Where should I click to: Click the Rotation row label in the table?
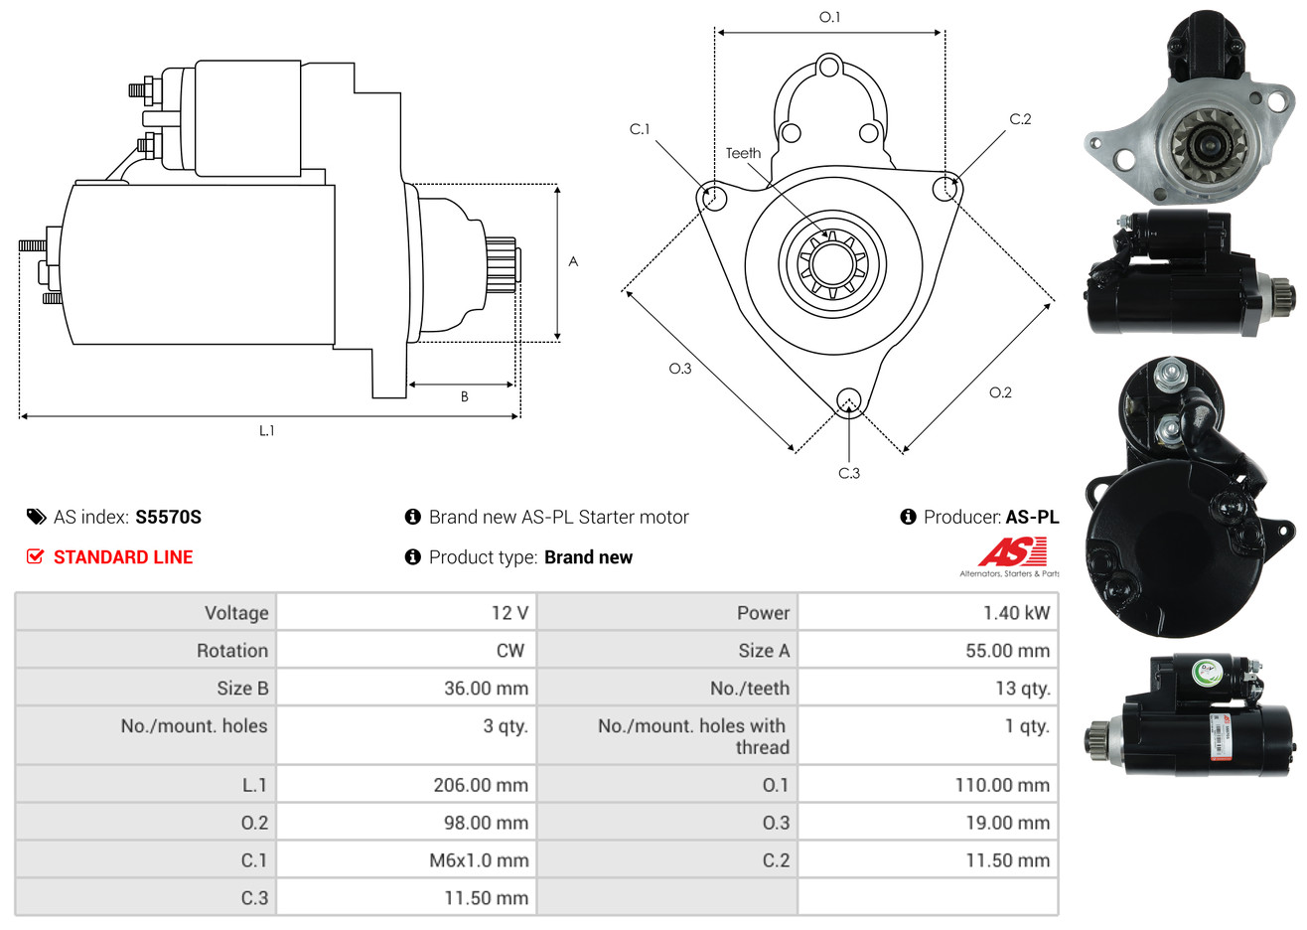(x=232, y=651)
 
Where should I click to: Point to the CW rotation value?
(x=509, y=651)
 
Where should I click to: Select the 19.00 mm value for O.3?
(x=1007, y=823)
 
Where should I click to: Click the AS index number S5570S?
(x=168, y=518)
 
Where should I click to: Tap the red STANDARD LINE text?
(x=123, y=557)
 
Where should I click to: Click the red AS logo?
(x=1012, y=552)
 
